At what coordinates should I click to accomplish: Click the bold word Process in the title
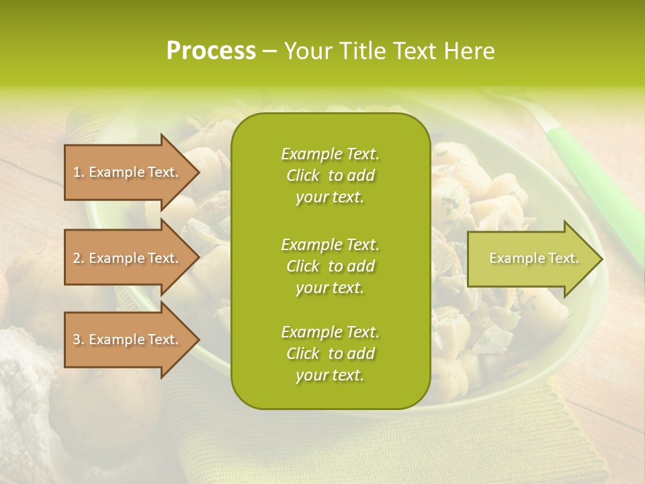(211, 51)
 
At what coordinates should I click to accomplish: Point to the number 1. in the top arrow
(79, 172)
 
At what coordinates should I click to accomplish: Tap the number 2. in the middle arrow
(79, 258)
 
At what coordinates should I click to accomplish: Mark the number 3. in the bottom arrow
(79, 339)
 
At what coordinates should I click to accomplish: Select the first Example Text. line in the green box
(330, 154)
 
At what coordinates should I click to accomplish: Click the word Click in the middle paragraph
(303, 266)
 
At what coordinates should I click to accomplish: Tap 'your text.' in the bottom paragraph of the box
(330, 376)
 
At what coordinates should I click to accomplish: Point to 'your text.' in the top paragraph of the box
(330, 198)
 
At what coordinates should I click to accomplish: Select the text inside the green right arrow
(533, 258)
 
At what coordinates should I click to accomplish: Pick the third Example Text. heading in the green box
(330, 332)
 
